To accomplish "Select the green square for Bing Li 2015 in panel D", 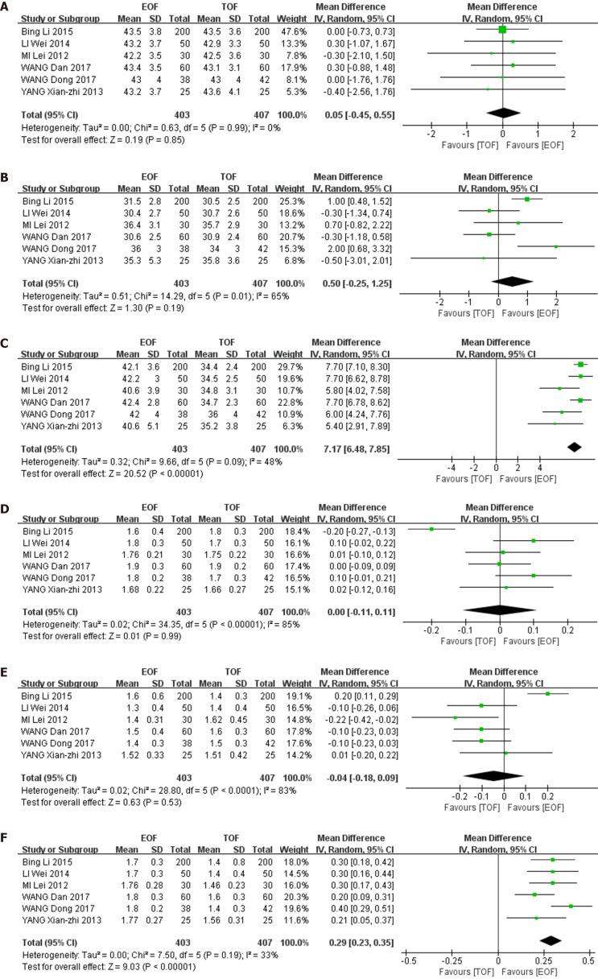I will click(431, 529).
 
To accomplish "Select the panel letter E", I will click(6, 670).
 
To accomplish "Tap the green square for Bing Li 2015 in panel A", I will click(502, 29).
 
